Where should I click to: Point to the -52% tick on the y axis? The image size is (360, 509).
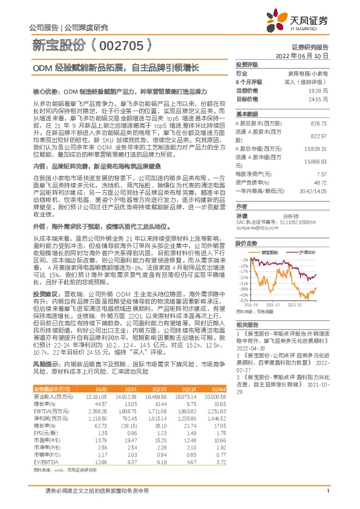point(243,300)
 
